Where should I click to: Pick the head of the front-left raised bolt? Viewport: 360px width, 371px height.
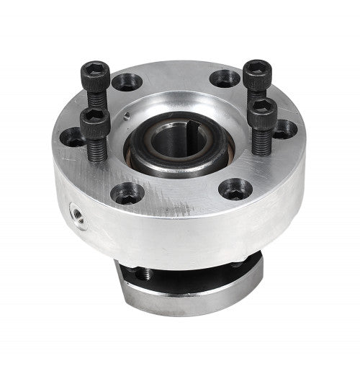tap(94, 122)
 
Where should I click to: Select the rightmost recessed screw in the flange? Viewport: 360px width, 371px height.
tap(286, 128)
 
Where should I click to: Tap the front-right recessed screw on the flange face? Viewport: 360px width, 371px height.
tap(235, 189)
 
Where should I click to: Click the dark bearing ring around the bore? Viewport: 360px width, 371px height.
tap(155, 151)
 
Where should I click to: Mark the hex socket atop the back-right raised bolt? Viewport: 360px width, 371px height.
tap(256, 67)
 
